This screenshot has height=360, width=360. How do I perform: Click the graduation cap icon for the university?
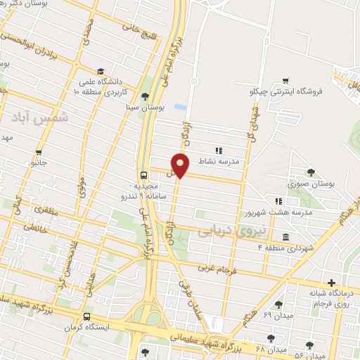pos(101,72)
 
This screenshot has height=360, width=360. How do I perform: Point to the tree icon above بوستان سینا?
pos(146,96)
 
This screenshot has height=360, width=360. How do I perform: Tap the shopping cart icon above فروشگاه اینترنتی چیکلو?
pos(285,80)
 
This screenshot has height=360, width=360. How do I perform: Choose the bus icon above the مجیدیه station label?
pos(143,175)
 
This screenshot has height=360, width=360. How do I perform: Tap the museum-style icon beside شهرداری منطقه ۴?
pos(285,237)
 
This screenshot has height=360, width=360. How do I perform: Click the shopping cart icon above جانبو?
pos(39,150)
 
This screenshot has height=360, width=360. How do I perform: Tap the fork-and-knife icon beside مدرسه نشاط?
pos(219,150)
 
